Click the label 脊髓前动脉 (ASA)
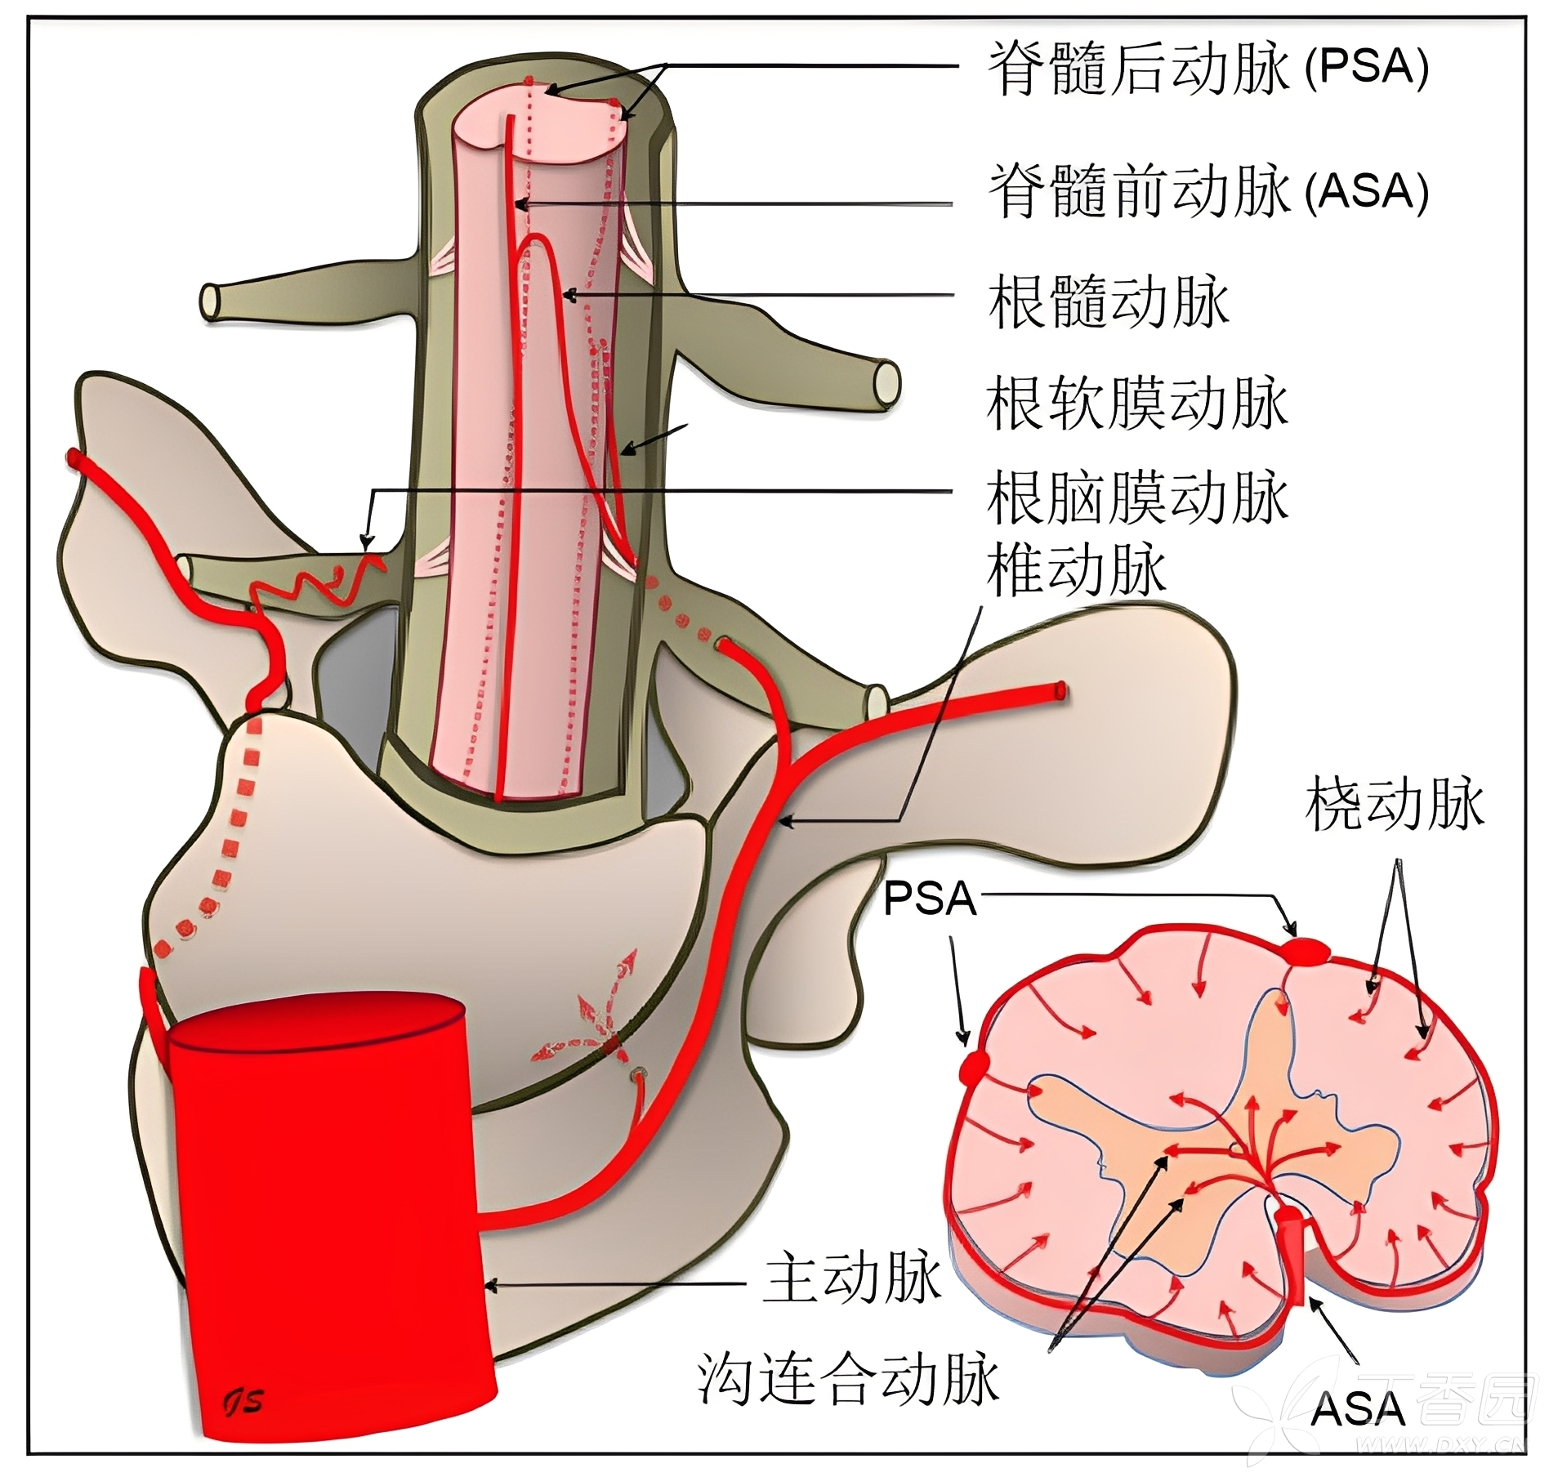click(1208, 191)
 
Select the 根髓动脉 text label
click(1108, 302)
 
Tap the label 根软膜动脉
click(1137, 403)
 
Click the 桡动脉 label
click(1395, 805)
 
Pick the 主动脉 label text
click(852, 1279)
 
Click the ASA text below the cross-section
click(1358, 1408)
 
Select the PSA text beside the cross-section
click(930, 899)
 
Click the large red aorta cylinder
click(327, 1185)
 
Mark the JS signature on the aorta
click(243, 1401)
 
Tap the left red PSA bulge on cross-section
click(975, 1066)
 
